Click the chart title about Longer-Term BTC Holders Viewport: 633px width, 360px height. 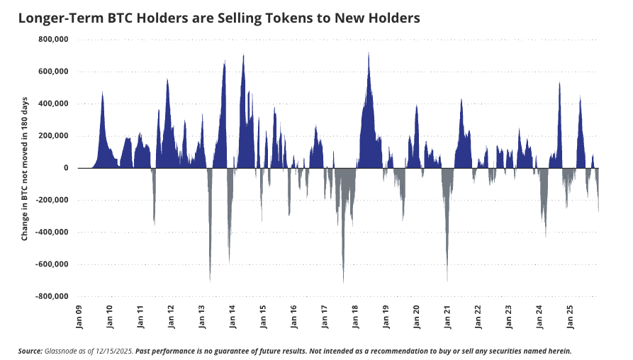point(219,18)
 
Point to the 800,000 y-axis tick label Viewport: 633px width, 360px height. point(52,40)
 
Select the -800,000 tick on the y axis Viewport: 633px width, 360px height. point(51,296)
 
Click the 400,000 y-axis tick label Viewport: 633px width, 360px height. point(52,104)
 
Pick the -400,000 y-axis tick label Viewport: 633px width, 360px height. point(51,232)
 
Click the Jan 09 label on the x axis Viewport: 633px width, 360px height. point(81,317)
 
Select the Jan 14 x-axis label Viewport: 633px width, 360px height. point(234,317)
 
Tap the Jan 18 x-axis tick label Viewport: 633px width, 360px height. point(357,317)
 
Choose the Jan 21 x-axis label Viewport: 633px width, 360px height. point(449,317)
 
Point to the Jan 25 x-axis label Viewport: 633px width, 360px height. point(571,317)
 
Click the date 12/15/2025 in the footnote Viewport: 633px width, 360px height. point(111,351)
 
